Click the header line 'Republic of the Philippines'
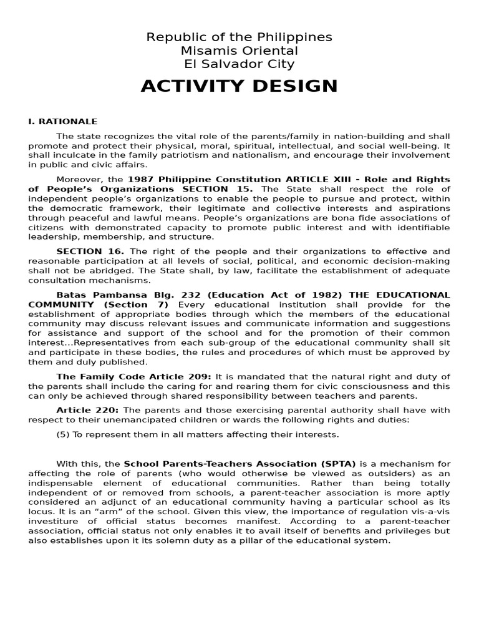click(x=239, y=37)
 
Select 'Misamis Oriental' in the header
click(x=239, y=51)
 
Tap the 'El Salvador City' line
click(x=239, y=64)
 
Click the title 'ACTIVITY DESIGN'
click(x=239, y=87)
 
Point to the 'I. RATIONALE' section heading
click(x=63, y=122)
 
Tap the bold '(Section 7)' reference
click(x=136, y=305)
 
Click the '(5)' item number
click(x=62, y=434)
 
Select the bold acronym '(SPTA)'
click(x=337, y=464)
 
